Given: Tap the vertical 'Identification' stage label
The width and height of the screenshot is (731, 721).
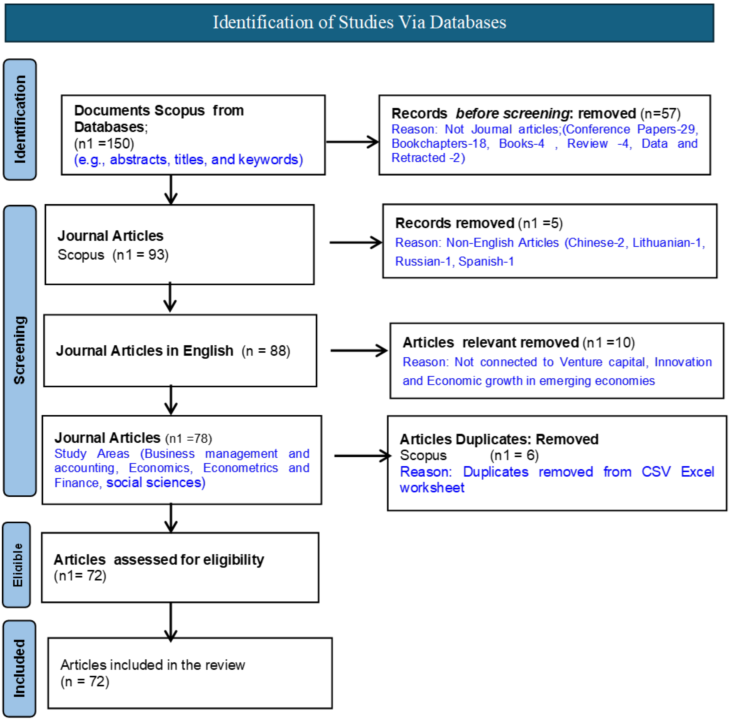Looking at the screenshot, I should point(20,119).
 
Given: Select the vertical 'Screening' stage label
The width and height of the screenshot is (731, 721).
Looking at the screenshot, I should point(20,350).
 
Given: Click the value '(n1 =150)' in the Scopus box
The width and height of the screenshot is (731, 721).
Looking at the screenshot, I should point(104,144).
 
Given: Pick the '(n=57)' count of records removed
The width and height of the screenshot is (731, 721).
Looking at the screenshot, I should point(660,114).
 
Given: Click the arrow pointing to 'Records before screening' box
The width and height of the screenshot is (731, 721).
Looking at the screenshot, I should point(352,142).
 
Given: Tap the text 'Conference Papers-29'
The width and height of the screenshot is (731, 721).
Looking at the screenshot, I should point(630,130).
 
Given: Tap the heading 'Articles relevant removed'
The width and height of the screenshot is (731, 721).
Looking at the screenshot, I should point(491,343).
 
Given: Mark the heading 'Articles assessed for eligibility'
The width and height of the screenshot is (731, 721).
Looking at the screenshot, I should point(159,559).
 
